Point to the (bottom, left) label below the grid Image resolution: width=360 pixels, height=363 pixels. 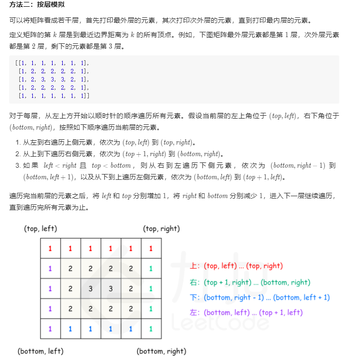click(40, 351)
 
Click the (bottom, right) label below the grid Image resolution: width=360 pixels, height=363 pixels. click(161, 351)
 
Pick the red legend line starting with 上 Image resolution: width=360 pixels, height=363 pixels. click(236, 266)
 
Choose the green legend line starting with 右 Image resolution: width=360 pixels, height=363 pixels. click(250, 282)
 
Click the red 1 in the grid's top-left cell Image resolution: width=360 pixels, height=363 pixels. click(50, 249)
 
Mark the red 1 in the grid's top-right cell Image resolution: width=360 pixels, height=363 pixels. click(151, 249)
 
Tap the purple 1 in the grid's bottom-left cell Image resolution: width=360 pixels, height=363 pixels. click(50, 329)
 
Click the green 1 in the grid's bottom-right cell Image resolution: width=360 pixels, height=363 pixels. click(151, 329)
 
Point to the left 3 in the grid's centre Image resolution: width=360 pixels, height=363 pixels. click(90, 289)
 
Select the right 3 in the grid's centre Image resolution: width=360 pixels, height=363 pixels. click(111, 289)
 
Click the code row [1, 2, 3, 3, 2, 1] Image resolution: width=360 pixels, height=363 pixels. click(54, 79)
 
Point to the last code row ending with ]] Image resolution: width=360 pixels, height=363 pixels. click(54, 95)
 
